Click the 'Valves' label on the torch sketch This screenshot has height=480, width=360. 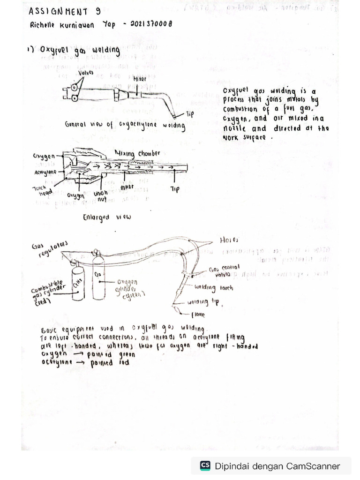(86, 73)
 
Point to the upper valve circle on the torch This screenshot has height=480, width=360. (75, 88)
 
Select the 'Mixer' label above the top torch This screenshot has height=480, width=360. (139, 80)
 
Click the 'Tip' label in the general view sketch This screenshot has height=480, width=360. (190, 114)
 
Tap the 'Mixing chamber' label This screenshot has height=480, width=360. (137, 153)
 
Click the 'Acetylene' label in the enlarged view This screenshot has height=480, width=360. (45, 172)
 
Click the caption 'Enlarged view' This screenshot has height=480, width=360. (107, 217)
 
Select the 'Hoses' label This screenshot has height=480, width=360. (229, 240)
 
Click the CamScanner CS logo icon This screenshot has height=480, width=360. (205, 465)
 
